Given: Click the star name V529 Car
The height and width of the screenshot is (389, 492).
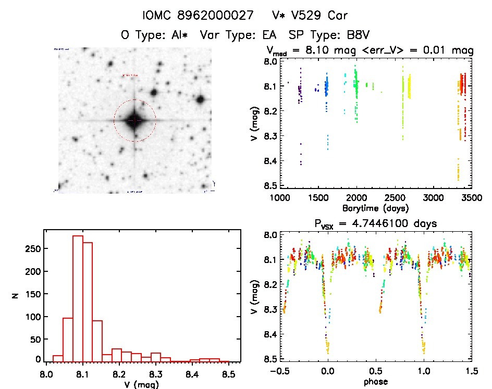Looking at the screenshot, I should (x=304, y=15).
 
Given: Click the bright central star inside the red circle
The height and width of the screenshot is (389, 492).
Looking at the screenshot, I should (x=134, y=120).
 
